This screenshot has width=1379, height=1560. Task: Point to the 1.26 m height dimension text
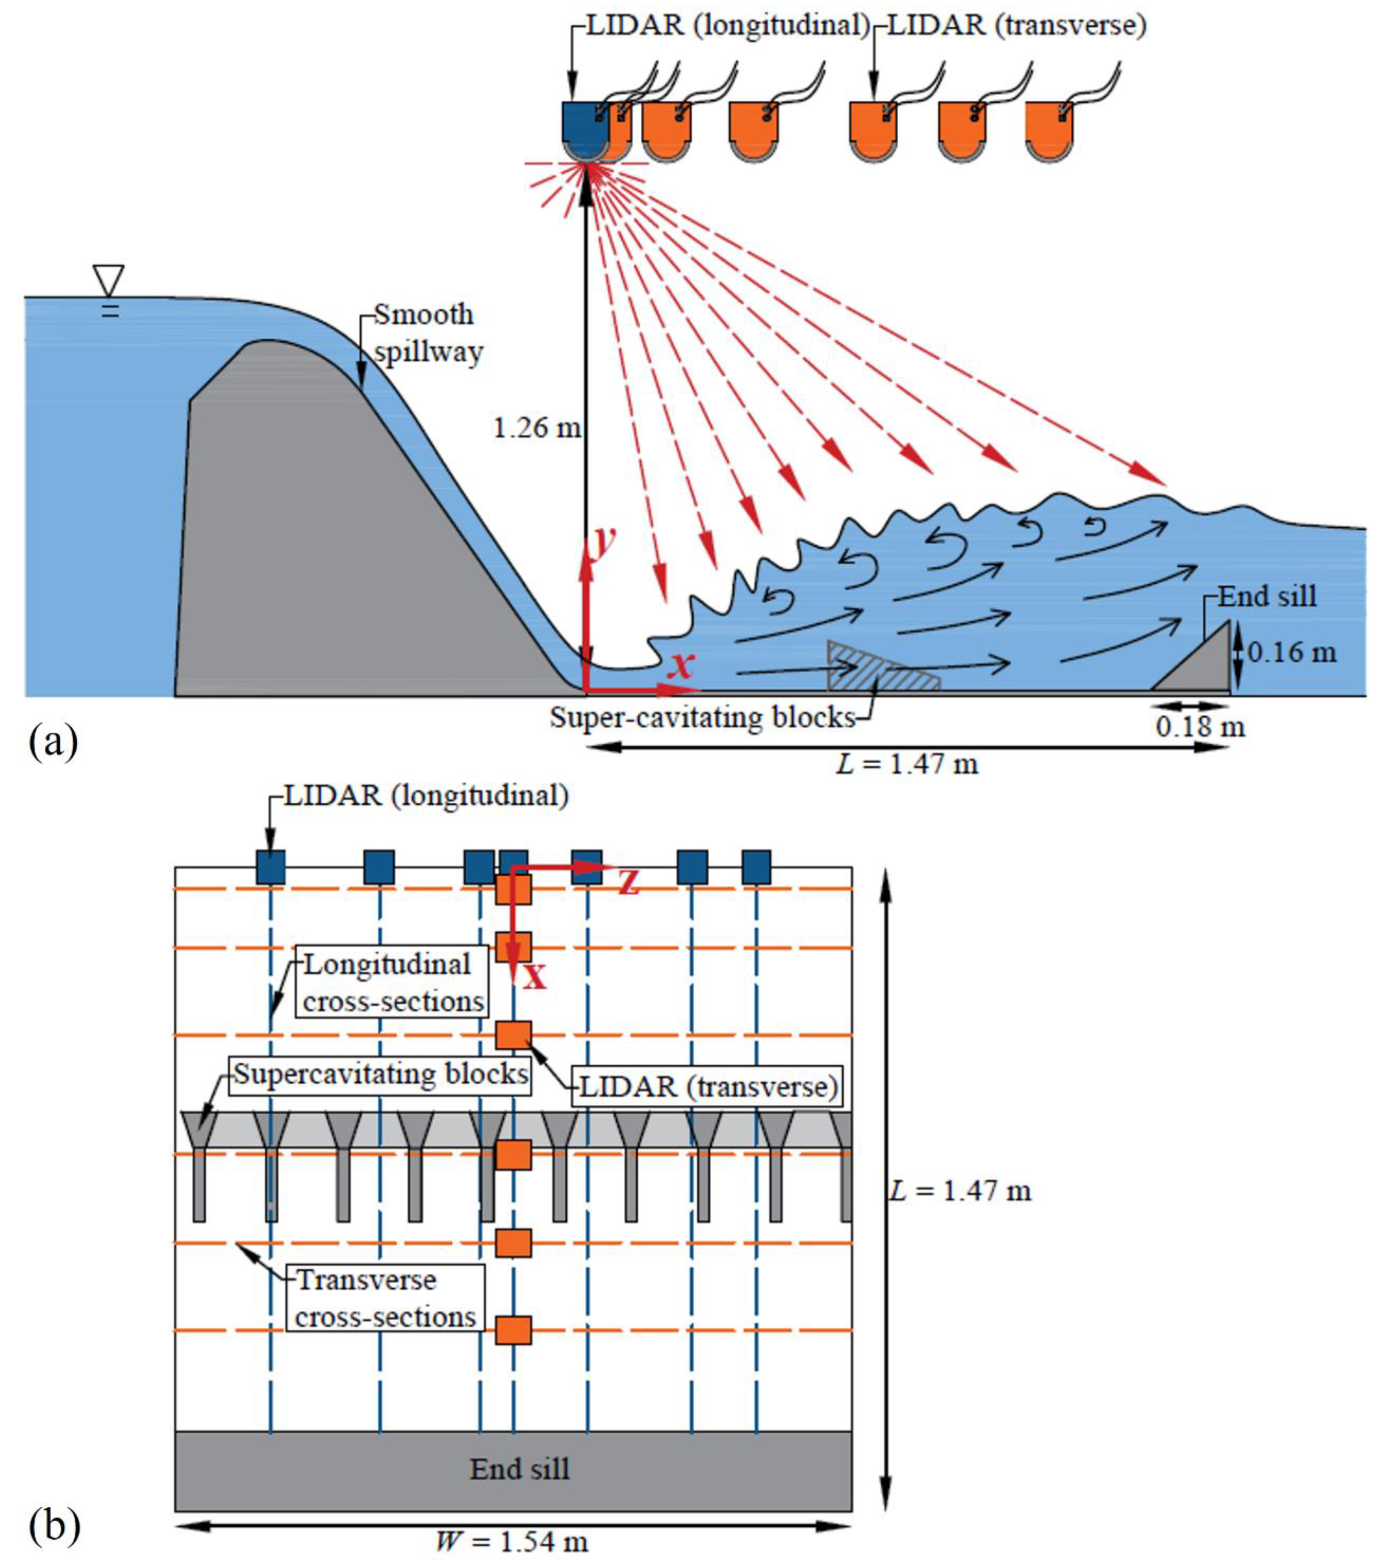click(x=537, y=427)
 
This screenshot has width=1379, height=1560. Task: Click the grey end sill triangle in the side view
click(x=1202, y=664)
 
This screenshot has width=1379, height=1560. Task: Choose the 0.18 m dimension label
click(x=1200, y=726)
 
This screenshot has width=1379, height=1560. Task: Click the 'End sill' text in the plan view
click(x=519, y=1468)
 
